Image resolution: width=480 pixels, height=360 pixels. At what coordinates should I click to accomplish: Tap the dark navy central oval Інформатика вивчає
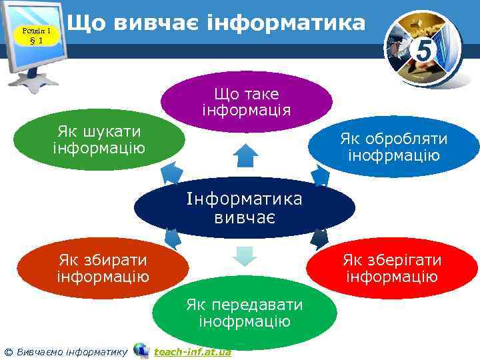click(x=244, y=207)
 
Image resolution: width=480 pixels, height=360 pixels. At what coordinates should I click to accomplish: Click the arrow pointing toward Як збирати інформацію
click(x=173, y=239)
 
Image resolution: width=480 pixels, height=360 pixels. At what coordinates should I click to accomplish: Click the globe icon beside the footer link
click(x=141, y=350)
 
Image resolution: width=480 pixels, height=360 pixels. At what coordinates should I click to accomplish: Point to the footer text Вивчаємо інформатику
click(x=70, y=351)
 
